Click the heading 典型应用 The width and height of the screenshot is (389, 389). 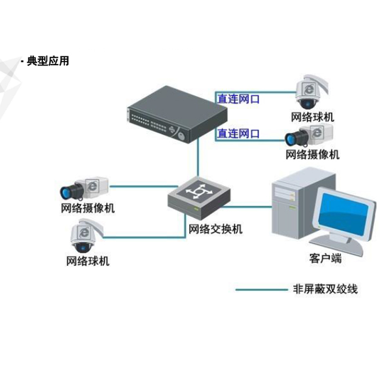coord(48,61)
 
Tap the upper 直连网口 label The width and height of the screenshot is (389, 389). coord(238,99)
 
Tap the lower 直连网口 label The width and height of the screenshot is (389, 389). coord(238,133)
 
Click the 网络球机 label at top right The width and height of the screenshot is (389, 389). coord(313,117)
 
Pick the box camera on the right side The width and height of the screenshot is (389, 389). coord(309,135)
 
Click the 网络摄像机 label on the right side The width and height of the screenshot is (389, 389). coord(312,155)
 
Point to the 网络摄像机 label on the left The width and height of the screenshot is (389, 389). coord(88,209)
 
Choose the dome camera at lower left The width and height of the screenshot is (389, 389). coord(86,236)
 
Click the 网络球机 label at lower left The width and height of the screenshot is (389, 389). coord(88,261)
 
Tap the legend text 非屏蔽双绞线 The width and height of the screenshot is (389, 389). coord(325,289)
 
